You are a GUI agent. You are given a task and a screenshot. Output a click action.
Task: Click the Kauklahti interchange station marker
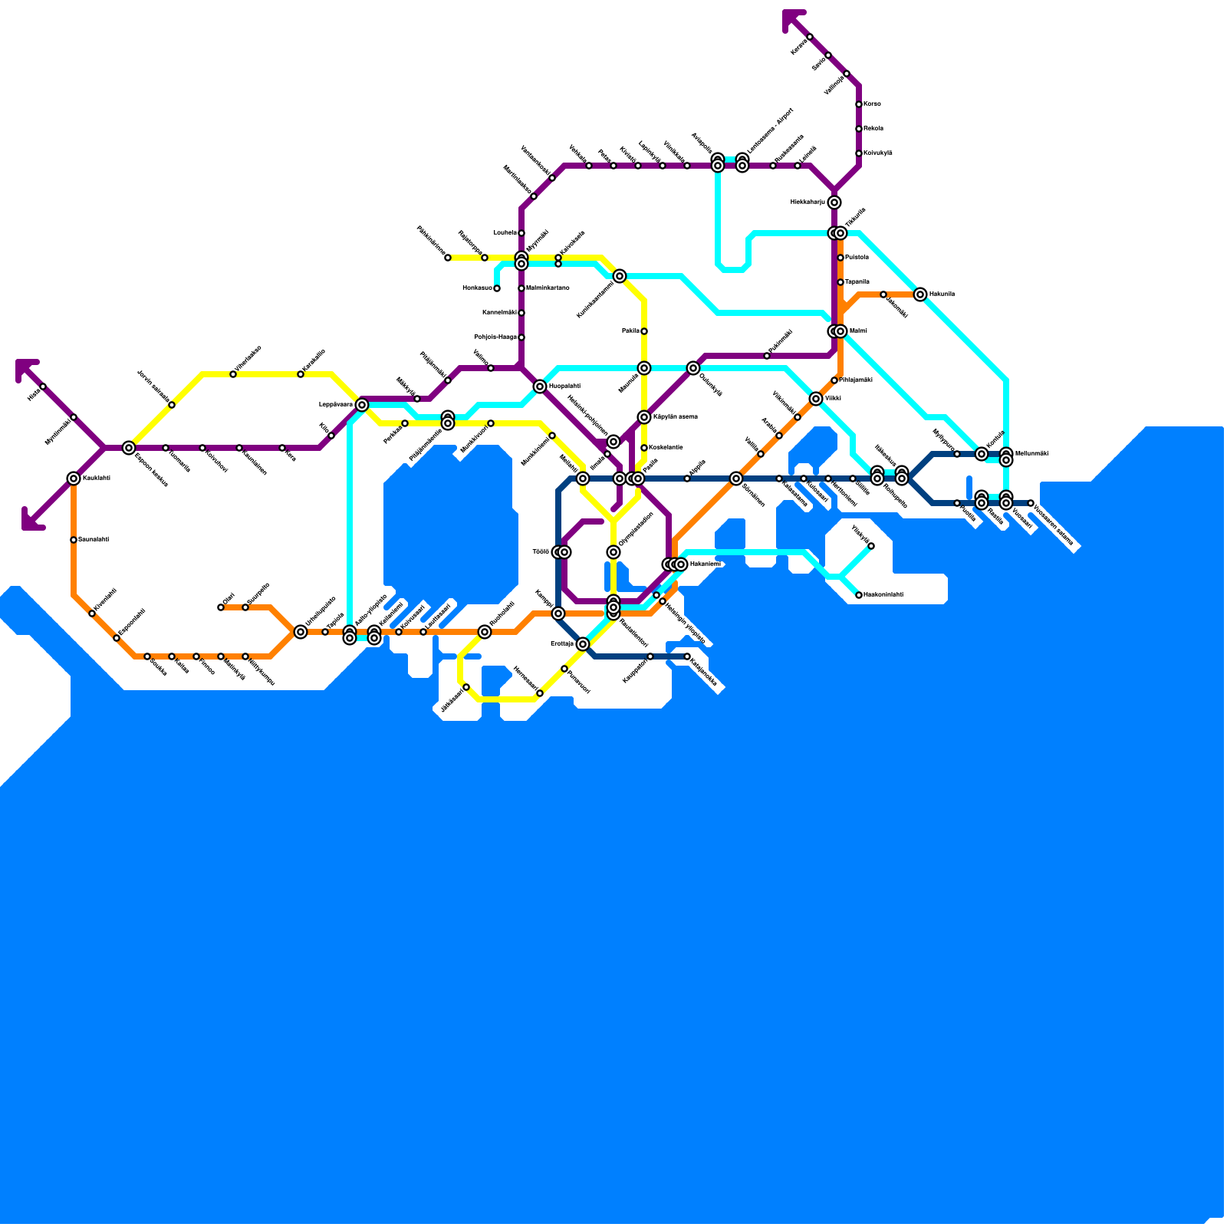point(74,479)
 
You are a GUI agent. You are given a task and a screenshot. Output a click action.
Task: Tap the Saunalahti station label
point(94,539)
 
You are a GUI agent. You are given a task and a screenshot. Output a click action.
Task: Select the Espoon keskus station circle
point(129,448)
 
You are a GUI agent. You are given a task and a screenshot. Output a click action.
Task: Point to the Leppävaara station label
point(335,404)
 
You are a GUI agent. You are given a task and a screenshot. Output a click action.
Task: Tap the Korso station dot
point(859,104)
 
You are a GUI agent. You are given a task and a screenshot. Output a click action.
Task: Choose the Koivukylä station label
point(877,153)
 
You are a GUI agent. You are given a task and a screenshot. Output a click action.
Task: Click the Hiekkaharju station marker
point(834,202)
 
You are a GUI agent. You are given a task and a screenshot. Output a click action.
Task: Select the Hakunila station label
point(941,294)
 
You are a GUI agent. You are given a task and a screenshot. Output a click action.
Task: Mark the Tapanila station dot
point(840,282)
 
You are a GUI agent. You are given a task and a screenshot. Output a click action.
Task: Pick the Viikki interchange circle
point(816,399)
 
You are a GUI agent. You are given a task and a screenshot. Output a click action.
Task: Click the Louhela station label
point(505,232)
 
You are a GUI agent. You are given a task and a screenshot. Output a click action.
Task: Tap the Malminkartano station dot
point(521,288)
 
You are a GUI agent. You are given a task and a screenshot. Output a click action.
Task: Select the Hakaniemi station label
point(706,564)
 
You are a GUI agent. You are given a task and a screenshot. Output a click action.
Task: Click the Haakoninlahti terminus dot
point(859,595)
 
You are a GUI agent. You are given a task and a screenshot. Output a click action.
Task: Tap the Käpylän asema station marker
point(644,417)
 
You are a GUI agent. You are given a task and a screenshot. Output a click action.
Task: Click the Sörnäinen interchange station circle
point(736,479)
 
